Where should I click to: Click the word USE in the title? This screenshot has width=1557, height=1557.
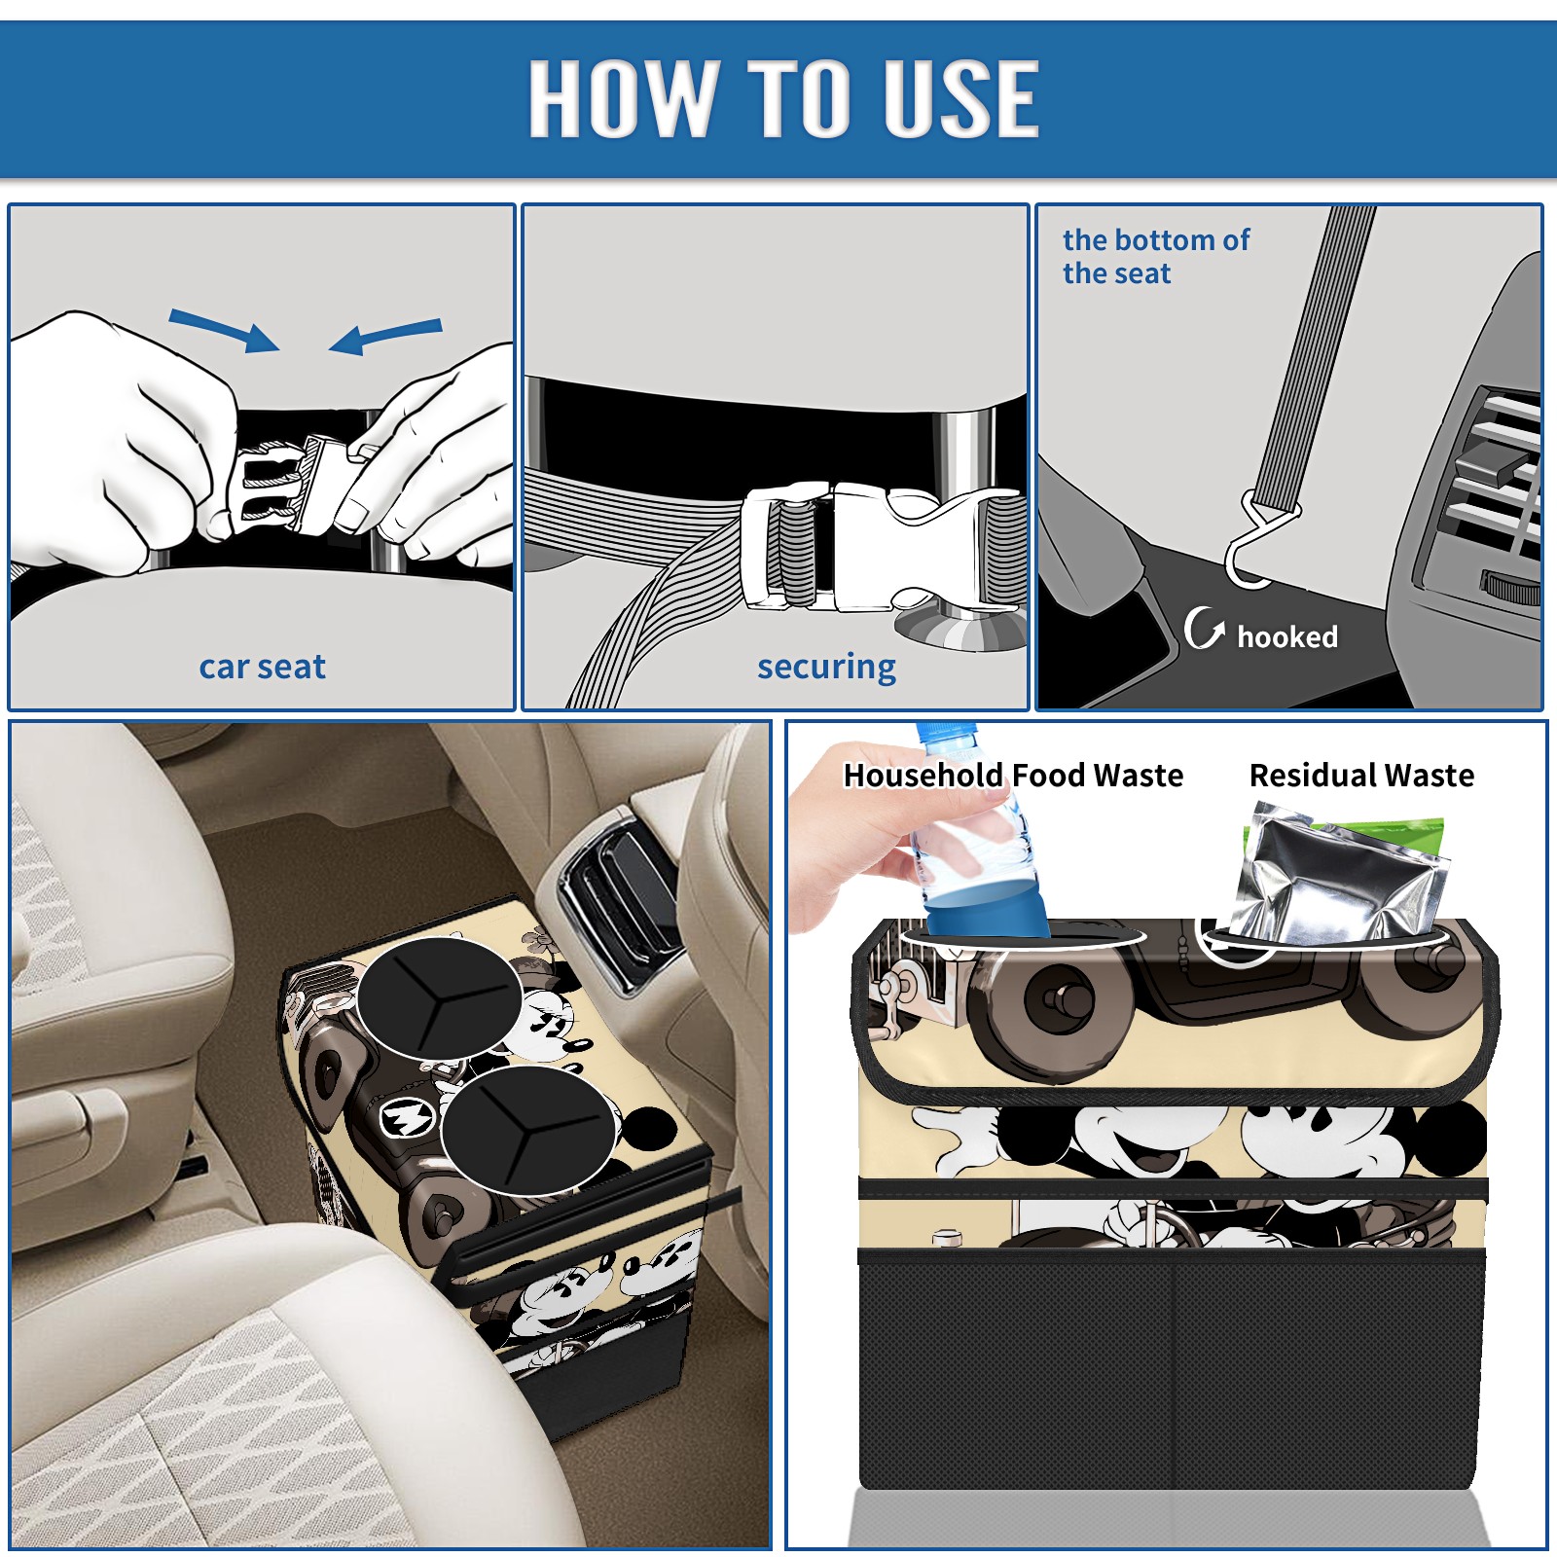click(x=961, y=97)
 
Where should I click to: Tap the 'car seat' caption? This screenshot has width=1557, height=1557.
click(x=262, y=667)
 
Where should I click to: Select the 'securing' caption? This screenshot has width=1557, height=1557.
click(x=826, y=668)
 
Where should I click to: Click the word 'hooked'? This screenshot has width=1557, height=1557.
click(x=1287, y=636)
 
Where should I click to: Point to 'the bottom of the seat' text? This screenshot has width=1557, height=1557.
click(x=1155, y=256)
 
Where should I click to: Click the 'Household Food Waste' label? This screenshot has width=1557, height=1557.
click(x=1013, y=775)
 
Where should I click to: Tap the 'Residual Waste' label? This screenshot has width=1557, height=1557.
click(x=1361, y=775)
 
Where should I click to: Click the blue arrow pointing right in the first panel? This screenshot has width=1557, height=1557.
click(x=225, y=330)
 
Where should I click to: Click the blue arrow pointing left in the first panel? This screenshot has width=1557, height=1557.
click(x=385, y=336)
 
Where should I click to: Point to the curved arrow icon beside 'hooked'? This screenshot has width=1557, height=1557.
click(x=1204, y=628)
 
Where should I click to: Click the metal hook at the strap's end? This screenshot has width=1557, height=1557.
click(x=1255, y=543)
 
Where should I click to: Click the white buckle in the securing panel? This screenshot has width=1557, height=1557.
click(x=866, y=547)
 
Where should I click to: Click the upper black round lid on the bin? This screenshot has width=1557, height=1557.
click(x=440, y=998)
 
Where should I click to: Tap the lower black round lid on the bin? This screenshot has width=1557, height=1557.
click(x=528, y=1131)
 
